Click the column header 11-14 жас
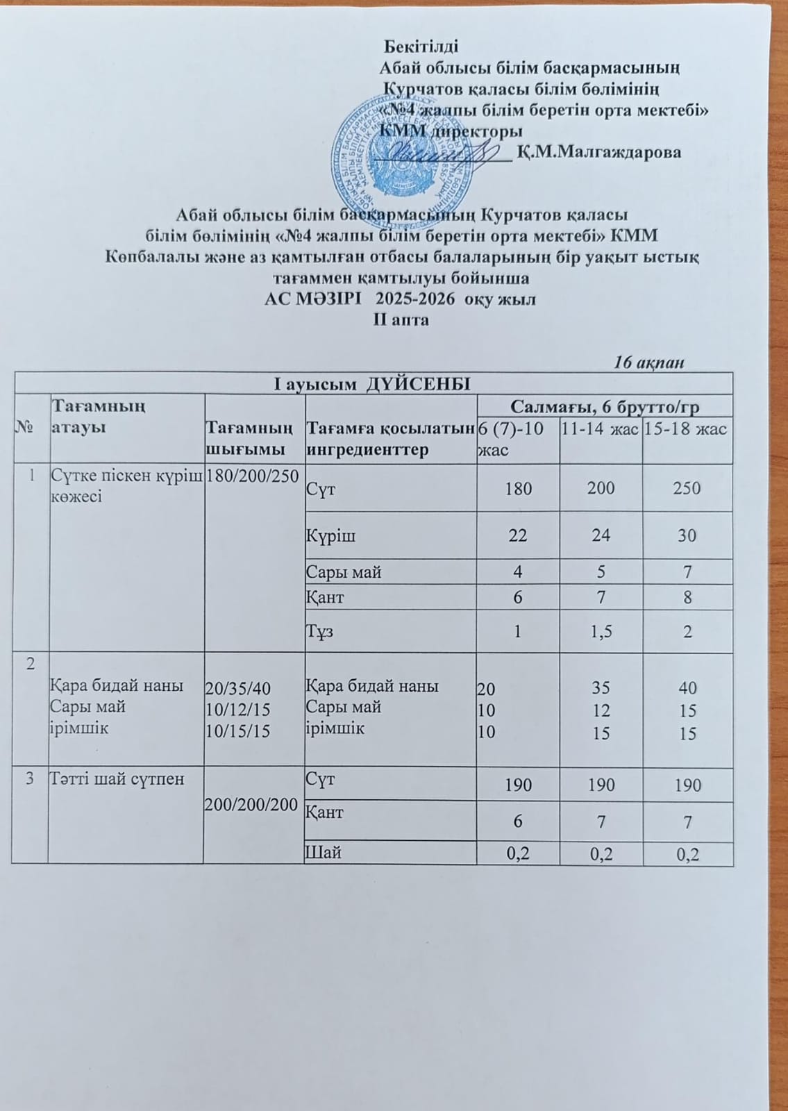tap(600, 430)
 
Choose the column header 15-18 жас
tap(685, 430)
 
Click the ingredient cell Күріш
tap(332, 536)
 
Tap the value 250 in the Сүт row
tap(687, 488)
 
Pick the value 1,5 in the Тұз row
tap(601, 632)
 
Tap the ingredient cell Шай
tap(324, 853)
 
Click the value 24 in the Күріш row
tap(601, 536)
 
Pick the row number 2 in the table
tap(30, 663)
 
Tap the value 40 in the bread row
tap(687, 688)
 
